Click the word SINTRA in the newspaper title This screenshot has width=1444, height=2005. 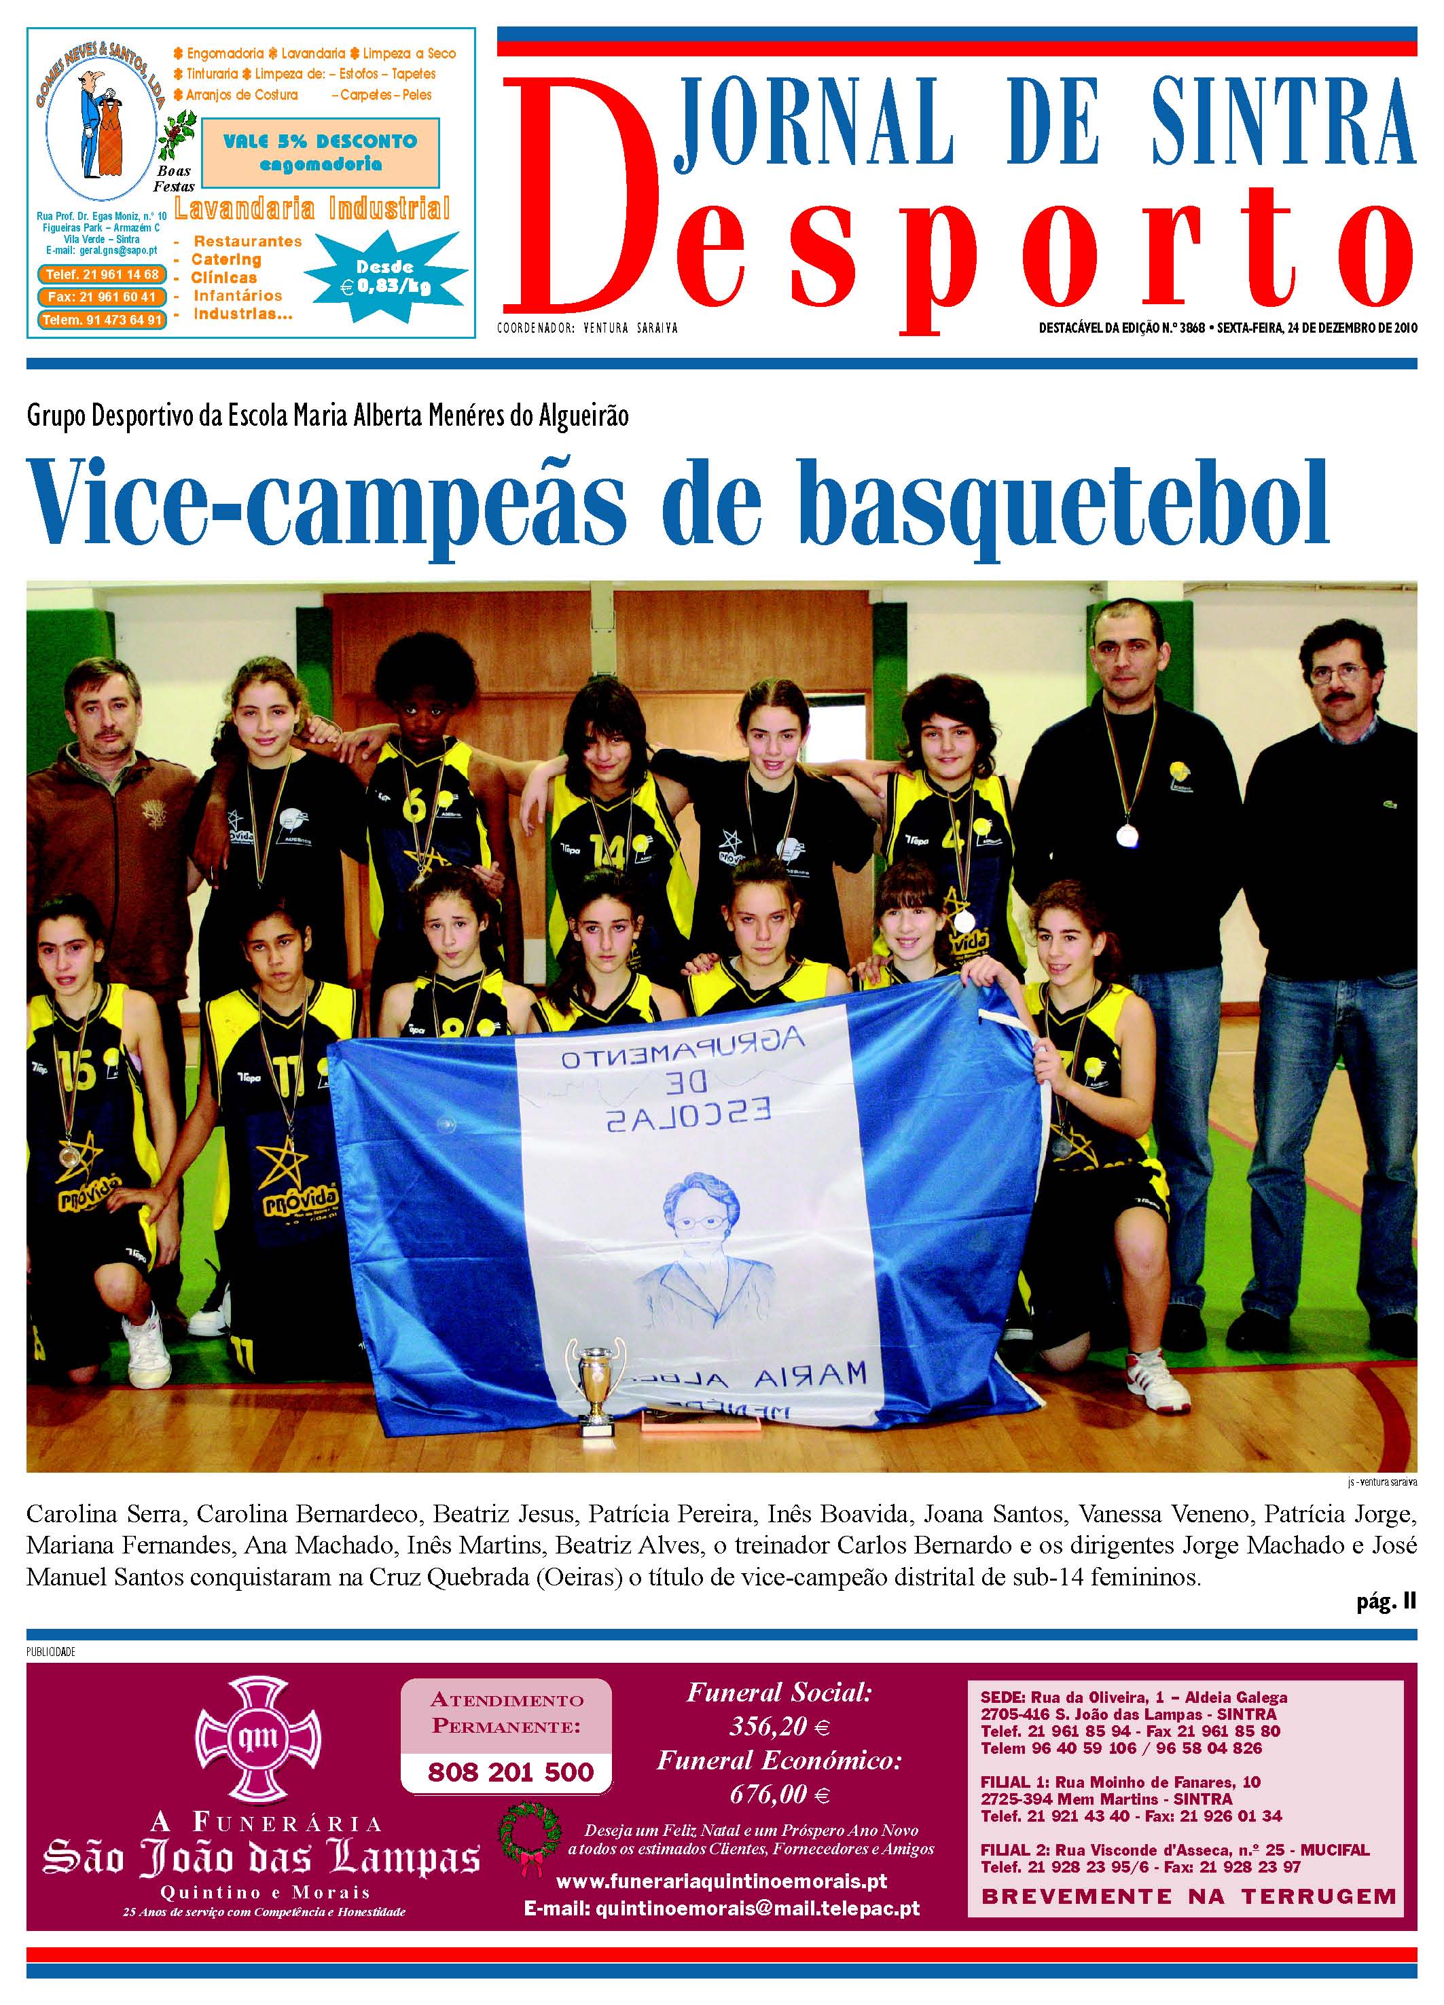[x=1282, y=124]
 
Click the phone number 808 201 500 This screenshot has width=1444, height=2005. [x=510, y=1771]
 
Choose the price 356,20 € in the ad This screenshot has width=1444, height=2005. [x=779, y=1726]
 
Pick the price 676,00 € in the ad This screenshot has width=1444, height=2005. [x=779, y=1795]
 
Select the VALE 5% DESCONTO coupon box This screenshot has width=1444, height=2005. [x=320, y=152]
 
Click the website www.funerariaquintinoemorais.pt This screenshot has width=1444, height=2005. [x=721, y=1881]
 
